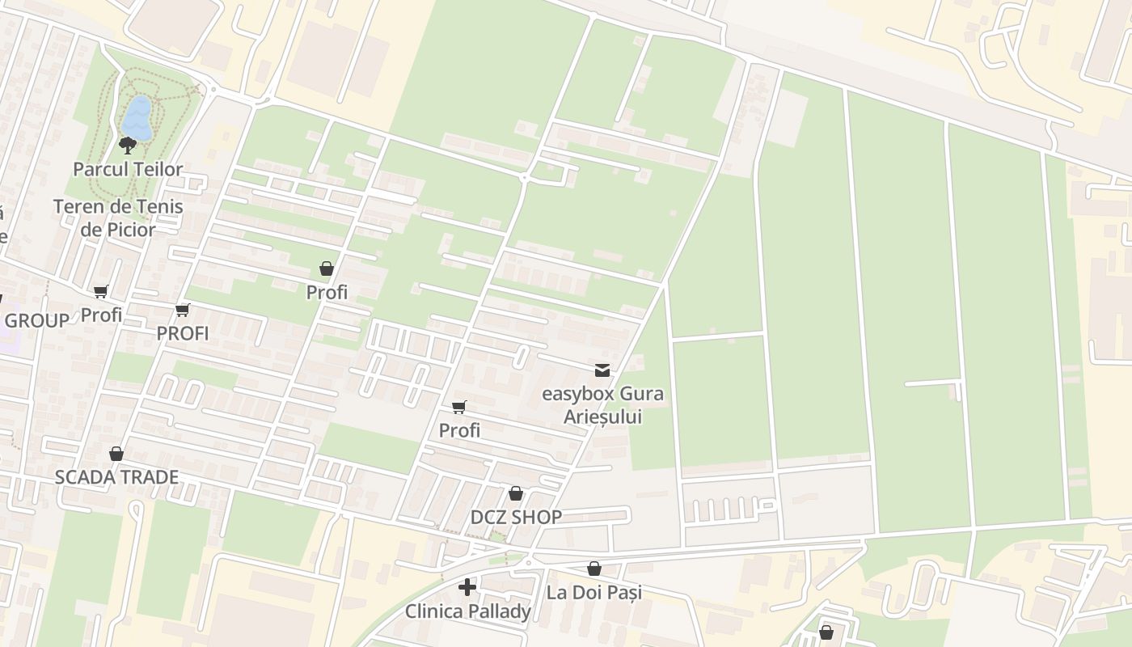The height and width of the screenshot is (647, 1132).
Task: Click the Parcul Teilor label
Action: click(x=128, y=170)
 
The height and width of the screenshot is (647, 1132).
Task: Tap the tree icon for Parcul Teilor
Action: click(x=128, y=146)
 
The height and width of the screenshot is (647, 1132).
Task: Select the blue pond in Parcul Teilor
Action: click(x=137, y=118)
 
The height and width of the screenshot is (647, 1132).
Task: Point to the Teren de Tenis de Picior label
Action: click(x=118, y=218)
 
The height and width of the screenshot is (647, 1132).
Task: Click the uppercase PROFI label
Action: click(x=182, y=333)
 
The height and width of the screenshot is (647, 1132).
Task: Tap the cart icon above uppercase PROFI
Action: click(x=183, y=310)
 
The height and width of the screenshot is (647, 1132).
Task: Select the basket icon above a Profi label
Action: click(x=327, y=269)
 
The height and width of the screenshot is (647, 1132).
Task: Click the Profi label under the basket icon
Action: click(x=327, y=293)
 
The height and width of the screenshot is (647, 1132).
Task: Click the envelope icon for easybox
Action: click(x=602, y=370)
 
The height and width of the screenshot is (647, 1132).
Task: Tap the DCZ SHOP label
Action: click(x=516, y=518)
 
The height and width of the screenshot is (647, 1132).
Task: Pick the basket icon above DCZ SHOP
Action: click(x=516, y=493)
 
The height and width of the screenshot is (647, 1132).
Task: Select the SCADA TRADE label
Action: click(x=116, y=477)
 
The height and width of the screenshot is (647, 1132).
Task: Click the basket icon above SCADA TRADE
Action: click(x=116, y=454)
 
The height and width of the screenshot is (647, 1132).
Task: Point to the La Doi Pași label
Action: click(x=593, y=592)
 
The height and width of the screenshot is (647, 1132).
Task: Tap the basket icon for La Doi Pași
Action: click(x=594, y=569)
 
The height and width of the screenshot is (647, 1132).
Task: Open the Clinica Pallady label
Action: click(x=467, y=611)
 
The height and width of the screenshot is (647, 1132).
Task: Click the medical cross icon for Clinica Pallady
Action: click(x=467, y=587)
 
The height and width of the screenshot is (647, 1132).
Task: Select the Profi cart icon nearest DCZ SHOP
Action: click(x=459, y=407)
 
